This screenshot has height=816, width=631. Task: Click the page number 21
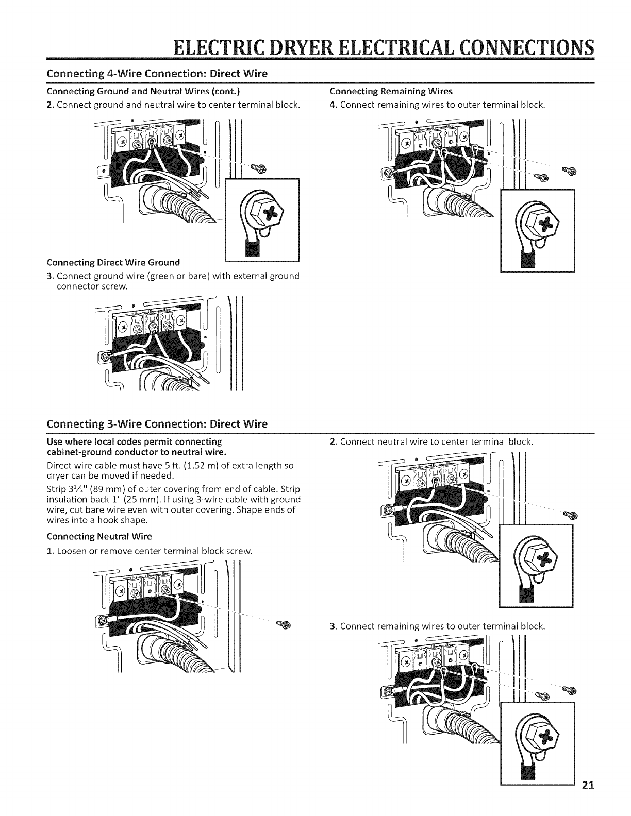coord(588,800)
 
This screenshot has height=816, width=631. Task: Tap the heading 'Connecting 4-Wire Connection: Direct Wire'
coord(157,73)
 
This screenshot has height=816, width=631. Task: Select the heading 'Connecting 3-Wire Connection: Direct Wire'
coord(157,424)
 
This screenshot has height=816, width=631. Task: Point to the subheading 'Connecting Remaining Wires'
coord(390,91)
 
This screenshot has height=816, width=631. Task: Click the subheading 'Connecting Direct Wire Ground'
coord(113,262)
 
